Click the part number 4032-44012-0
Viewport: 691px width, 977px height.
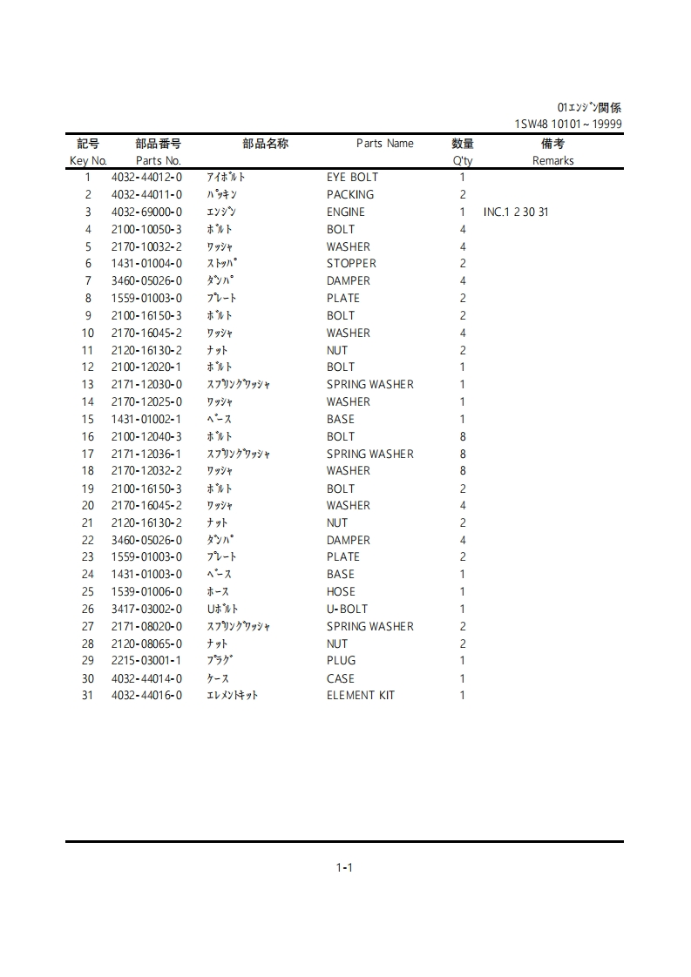(146, 178)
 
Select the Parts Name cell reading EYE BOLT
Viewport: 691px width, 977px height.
(352, 178)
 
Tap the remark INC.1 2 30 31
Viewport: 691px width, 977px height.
(516, 212)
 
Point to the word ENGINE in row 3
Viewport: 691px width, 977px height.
(346, 212)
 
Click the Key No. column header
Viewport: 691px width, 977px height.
(88, 161)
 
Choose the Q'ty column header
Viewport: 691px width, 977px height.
(463, 161)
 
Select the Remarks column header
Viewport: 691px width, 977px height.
(553, 161)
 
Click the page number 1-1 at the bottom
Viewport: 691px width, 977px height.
(344, 867)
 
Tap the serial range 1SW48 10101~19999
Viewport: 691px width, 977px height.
(568, 125)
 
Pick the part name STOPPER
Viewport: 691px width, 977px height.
(351, 264)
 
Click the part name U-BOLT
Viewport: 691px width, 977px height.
(347, 610)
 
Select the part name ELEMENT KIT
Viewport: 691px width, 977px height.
(361, 696)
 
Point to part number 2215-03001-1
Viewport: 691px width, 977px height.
(146, 661)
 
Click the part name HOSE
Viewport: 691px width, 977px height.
(341, 592)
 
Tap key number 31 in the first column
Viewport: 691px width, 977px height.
(87, 696)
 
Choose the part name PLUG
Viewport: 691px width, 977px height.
(341, 661)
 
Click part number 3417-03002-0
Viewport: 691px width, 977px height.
(146, 610)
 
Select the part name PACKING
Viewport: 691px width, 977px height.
(350, 195)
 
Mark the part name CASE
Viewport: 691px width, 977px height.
(341, 678)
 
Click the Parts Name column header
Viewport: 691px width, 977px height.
(385, 144)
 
